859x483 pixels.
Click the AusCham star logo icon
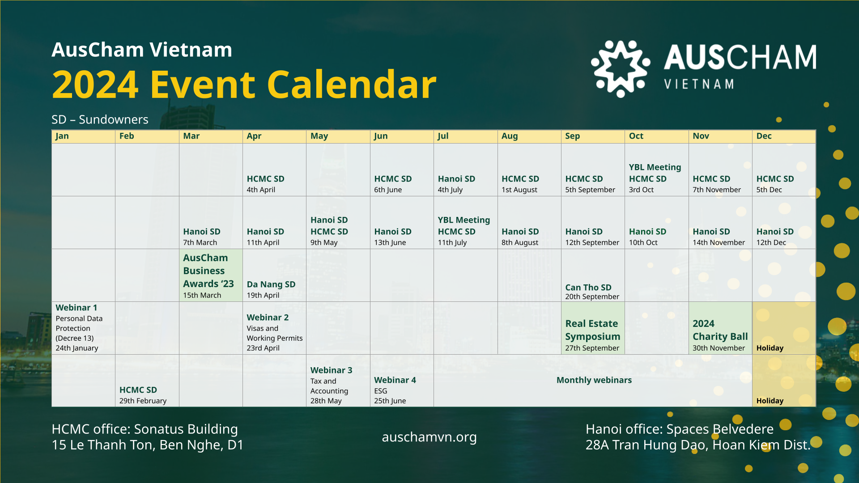621,68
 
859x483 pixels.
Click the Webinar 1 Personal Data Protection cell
83,328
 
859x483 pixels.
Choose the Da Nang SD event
271,289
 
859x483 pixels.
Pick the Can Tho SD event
589,291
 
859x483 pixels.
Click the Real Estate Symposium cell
592,330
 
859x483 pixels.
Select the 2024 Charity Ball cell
719,330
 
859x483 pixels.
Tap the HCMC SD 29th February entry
143,395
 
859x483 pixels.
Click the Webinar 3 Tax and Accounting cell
331,385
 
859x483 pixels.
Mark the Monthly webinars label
594,380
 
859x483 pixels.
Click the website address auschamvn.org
429,437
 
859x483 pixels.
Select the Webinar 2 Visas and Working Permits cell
274,332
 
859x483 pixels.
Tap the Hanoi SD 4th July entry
456,184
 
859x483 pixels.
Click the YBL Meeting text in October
655,167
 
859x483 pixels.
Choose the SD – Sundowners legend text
100,119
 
